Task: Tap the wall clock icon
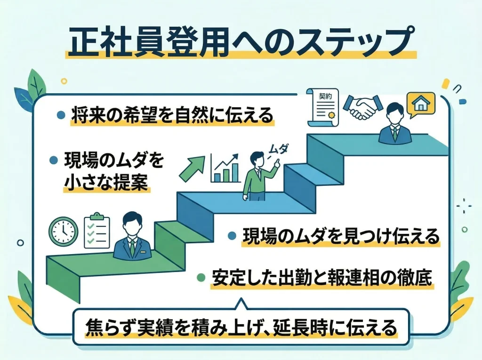tap(64, 231)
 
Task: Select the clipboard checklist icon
tap(96, 230)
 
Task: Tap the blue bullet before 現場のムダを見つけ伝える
tap(231, 235)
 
